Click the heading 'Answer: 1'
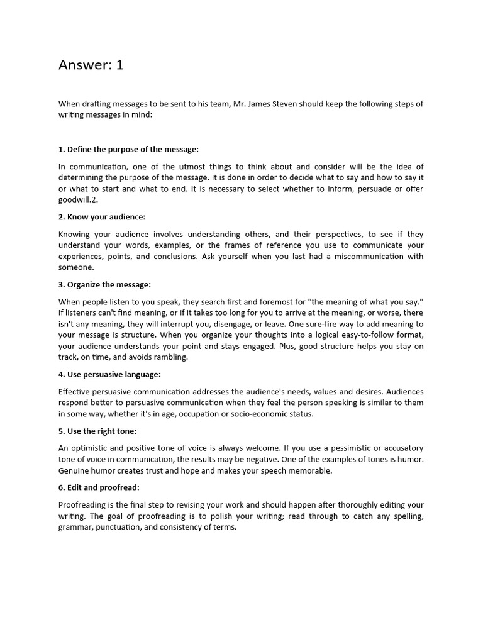[91, 65]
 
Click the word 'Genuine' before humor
[75, 470]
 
